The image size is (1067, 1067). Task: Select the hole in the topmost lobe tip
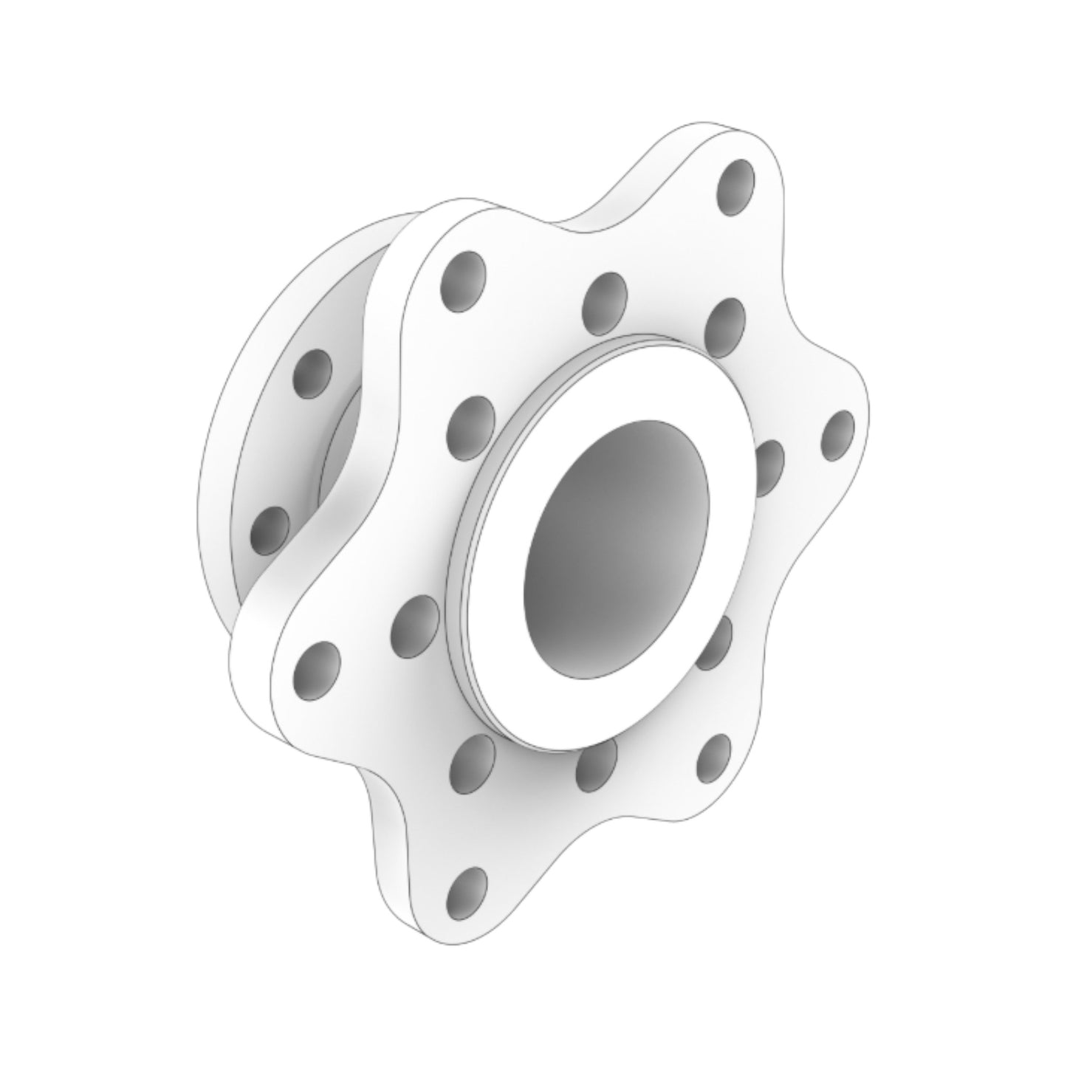click(x=736, y=184)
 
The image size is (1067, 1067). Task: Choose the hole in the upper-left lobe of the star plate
click(x=463, y=282)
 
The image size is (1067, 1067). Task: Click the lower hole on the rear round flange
click(x=270, y=531)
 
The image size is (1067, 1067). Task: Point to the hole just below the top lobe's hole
click(x=724, y=325)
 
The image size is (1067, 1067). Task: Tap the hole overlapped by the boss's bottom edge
click(x=594, y=761)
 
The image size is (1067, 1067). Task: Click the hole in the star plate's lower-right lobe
click(x=713, y=759)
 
